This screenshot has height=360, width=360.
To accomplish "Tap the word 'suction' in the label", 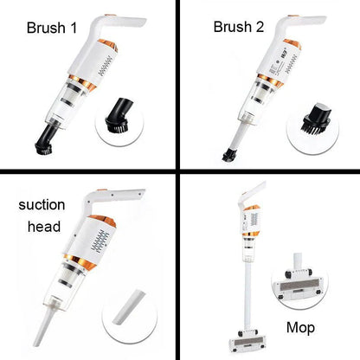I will pyautogui.click(x=39, y=207).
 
